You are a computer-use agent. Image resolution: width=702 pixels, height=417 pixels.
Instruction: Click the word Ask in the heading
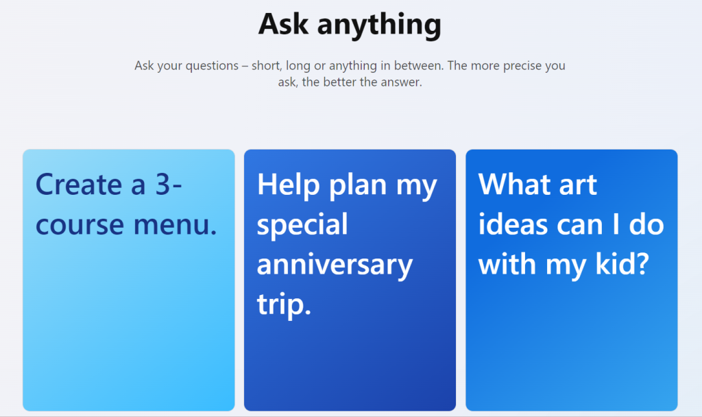click(x=283, y=24)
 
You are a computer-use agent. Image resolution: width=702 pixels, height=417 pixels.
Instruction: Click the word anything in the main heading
click(x=379, y=25)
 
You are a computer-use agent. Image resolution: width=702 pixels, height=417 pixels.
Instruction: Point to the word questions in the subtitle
click(x=212, y=66)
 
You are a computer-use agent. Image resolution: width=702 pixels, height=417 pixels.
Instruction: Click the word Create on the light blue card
click(x=80, y=184)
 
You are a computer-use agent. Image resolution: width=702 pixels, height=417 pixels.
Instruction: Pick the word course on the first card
click(x=80, y=225)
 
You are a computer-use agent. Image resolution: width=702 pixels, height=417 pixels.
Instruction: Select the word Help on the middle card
click(x=289, y=184)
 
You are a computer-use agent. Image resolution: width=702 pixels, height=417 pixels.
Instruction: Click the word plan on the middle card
click(x=358, y=186)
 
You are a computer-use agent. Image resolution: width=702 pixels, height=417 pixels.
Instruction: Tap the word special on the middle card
click(x=302, y=226)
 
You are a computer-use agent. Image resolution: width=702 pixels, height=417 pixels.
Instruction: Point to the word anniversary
click(x=335, y=265)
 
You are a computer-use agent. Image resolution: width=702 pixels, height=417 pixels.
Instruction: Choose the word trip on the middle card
click(x=280, y=305)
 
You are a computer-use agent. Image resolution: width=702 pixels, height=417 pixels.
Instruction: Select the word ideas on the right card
click(x=513, y=224)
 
